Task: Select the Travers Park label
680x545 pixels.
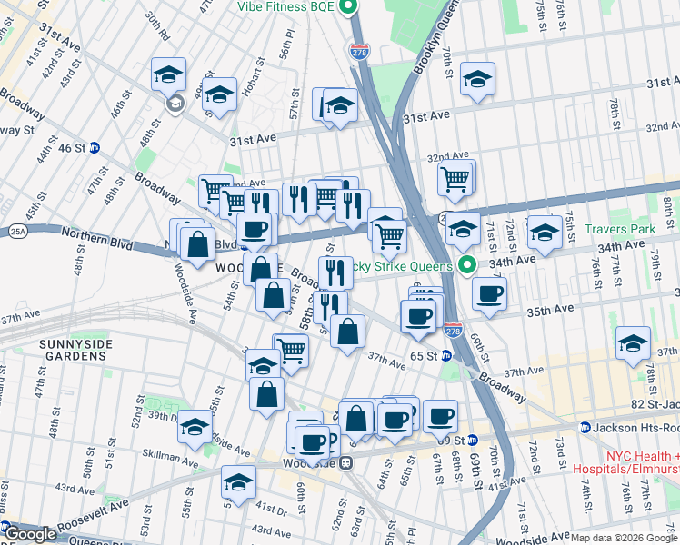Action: [x=620, y=230]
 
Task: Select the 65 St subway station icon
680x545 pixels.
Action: [x=446, y=356]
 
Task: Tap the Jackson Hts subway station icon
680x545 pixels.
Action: [x=586, y=427]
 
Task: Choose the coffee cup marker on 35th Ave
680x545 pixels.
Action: [x=489, y=294]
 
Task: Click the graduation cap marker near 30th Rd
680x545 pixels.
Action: [x=168, y=74]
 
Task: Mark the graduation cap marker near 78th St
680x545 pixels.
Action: [x=633, y=343]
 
